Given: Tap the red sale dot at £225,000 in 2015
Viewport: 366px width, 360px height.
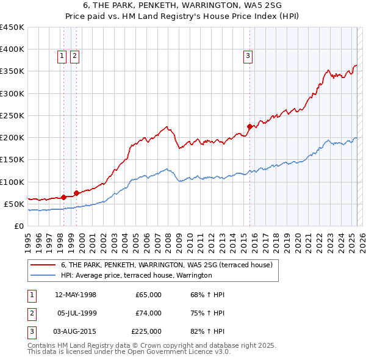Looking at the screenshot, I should coord(249,127).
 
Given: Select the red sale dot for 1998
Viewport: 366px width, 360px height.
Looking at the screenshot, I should coord(63,197).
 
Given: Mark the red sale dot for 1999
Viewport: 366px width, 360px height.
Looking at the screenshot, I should coord(76,193).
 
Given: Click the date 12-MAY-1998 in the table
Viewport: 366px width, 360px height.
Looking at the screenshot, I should coord(76,295).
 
